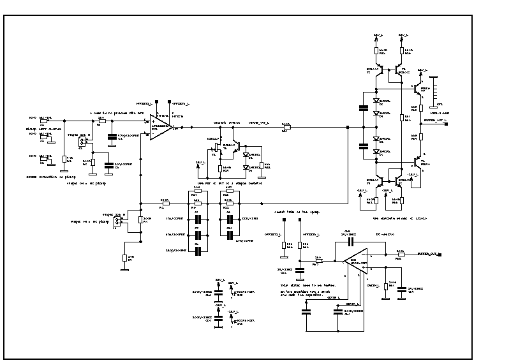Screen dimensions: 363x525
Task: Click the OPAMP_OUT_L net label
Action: click(259, 122)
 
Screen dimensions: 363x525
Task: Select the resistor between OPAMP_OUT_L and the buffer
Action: click(285, 128)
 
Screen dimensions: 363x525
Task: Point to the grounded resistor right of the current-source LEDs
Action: click(260, 165)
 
